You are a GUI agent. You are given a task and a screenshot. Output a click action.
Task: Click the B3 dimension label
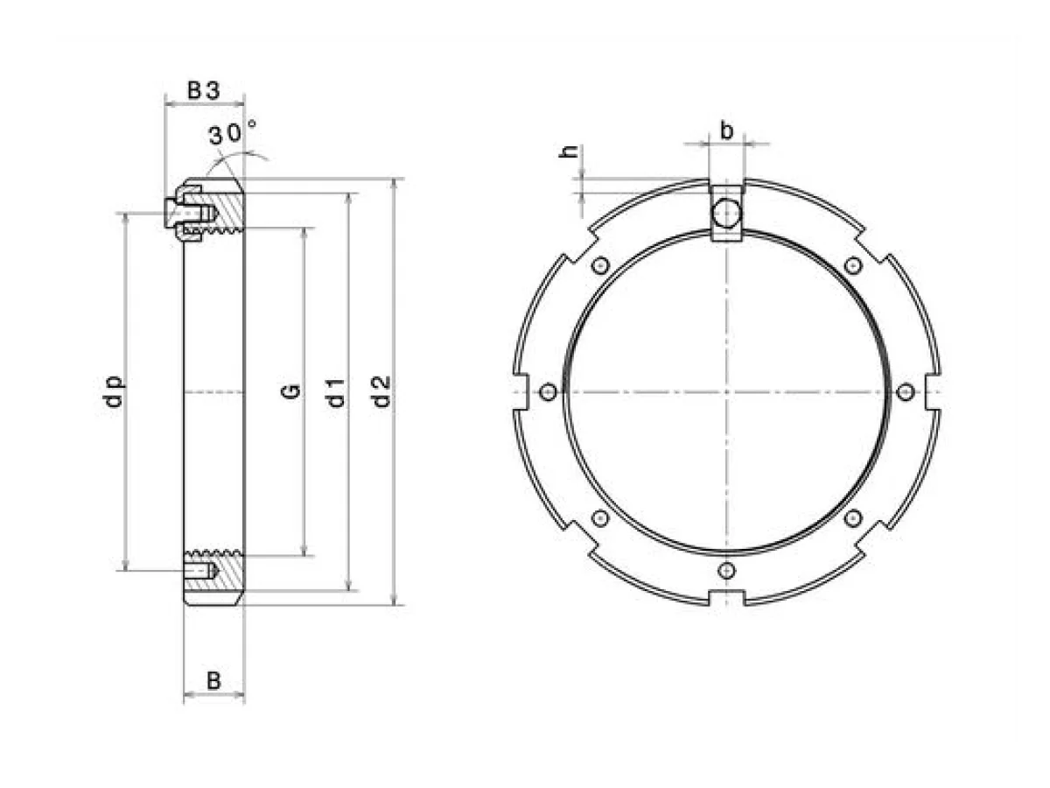(x=204, y=90)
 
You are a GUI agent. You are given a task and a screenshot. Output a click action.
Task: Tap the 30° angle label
(x=233, y=132)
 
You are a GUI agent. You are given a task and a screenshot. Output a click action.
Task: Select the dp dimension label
(x=115, y=390)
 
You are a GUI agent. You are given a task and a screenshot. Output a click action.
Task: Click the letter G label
(x=290, y=390)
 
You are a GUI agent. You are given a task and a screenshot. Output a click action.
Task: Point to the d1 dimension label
(x=335, y=392)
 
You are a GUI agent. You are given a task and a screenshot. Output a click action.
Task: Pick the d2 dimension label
(x=381, y=391)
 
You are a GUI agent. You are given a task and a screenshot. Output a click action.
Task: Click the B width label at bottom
(x=213, y=680)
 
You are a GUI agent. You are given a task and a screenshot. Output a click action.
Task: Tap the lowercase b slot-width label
(x=726, y=130)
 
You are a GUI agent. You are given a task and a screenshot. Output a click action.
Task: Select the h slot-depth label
(x=570, y=151)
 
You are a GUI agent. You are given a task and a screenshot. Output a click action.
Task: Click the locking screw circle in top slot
(x=725, y=213)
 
